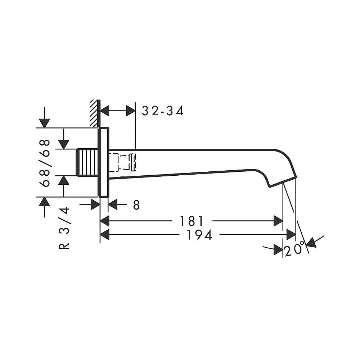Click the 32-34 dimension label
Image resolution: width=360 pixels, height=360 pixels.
[163, 111]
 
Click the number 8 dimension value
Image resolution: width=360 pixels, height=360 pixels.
[136, 205]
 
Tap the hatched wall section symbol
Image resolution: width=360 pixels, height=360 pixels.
[94, 113]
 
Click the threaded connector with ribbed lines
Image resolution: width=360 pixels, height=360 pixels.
[87, 163]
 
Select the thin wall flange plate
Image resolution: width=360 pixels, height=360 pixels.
[104, 162]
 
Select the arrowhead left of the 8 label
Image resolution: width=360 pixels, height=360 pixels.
[95, 205]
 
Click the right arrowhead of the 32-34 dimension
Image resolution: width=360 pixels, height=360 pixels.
[131, 111]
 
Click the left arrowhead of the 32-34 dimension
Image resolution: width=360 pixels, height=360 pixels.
[105, 111]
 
